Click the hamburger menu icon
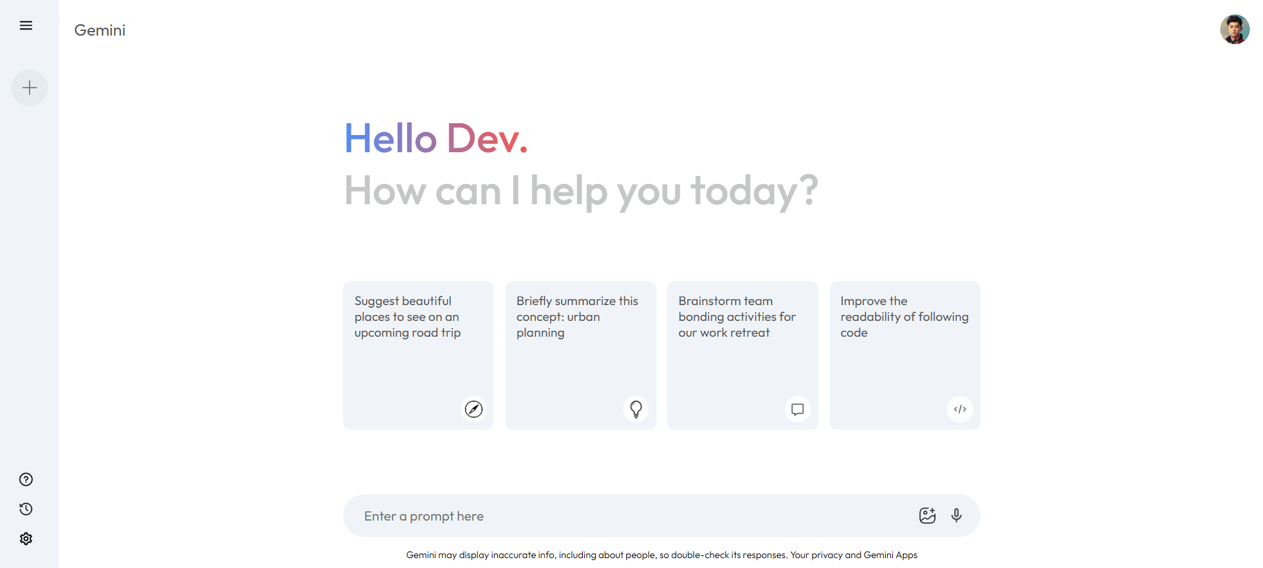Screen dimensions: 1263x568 click(x=26, y=26)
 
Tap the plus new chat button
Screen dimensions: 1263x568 click(x=30, y=88)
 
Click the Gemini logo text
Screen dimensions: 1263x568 click(x=99, y=30)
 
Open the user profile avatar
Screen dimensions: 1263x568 click(x=1234, y=30)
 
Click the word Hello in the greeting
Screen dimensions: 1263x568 click(x=390, y=138)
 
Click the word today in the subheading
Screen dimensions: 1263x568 click(x=745, y=190)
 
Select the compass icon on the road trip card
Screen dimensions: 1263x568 click(x=473, y=409)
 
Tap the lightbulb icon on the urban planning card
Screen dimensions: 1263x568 click(x=636, y=409)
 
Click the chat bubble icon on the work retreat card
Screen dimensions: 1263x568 click(x=797, y=409)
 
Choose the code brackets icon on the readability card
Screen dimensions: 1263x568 click(x=960, y=409)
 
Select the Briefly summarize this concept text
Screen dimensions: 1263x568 click(x=577, y=317)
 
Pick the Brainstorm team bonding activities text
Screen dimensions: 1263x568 click(x=737, y=317)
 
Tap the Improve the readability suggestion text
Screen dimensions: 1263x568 click(x=904, y=317)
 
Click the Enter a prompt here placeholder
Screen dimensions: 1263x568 click(x=423, y=516)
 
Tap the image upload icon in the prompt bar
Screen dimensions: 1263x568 click(x=927, y=515)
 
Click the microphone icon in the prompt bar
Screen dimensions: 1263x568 click(x=957, y=515)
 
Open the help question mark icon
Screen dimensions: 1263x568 click(x=26, y=480)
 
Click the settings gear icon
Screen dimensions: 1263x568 click(x=26, y=538)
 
